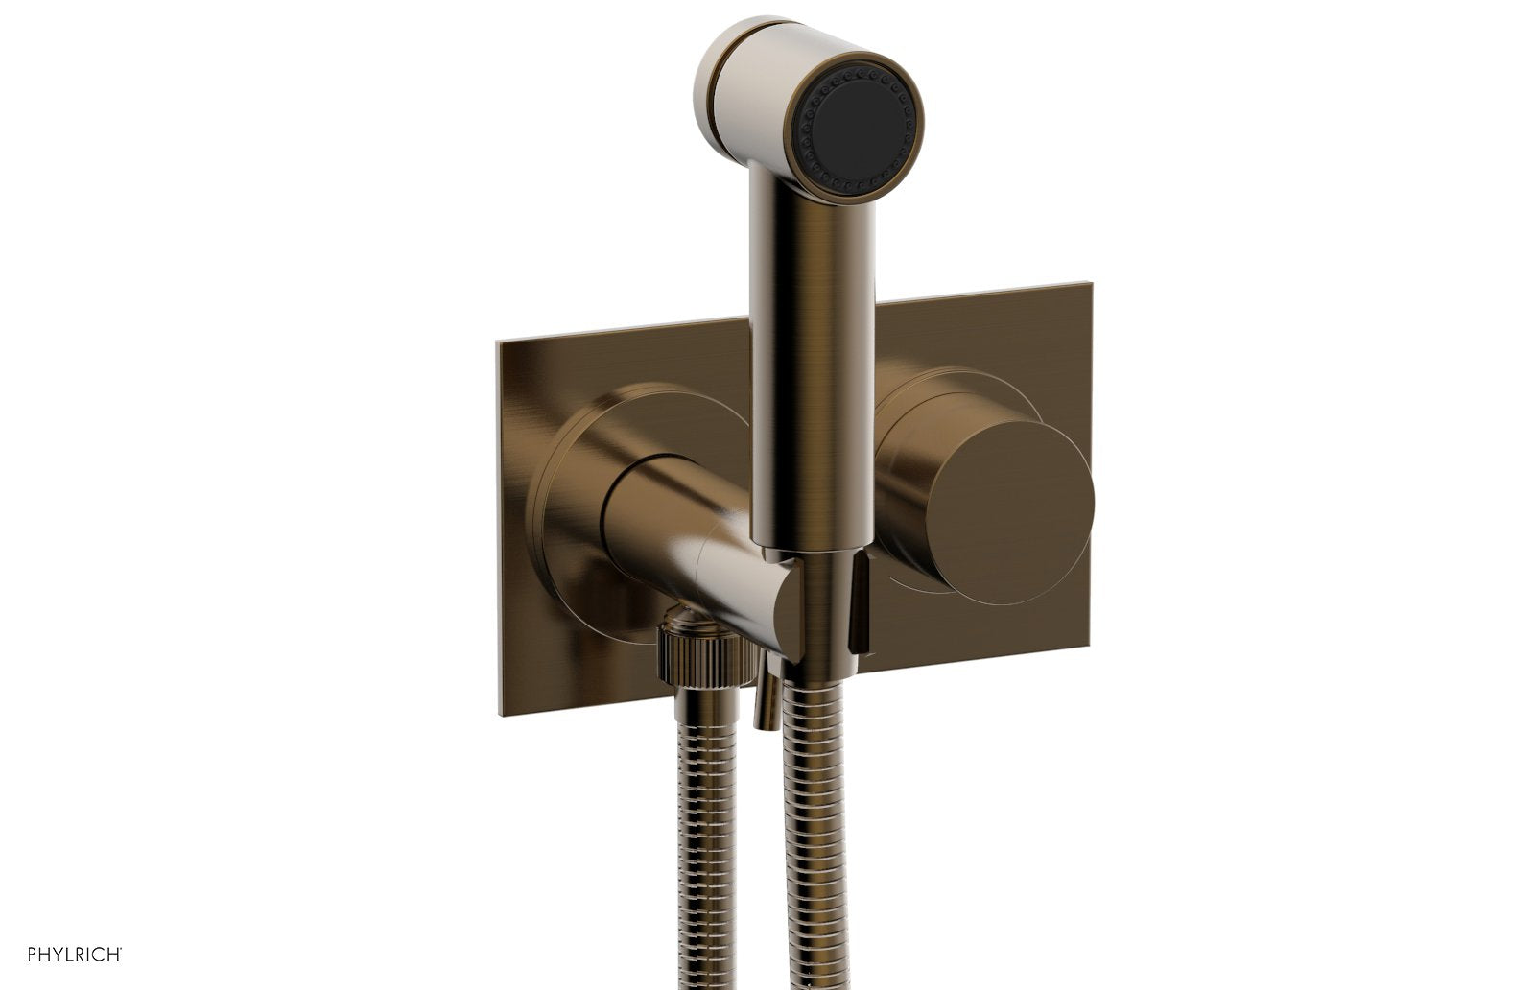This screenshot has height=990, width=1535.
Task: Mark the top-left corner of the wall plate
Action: (x=498, y=340)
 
